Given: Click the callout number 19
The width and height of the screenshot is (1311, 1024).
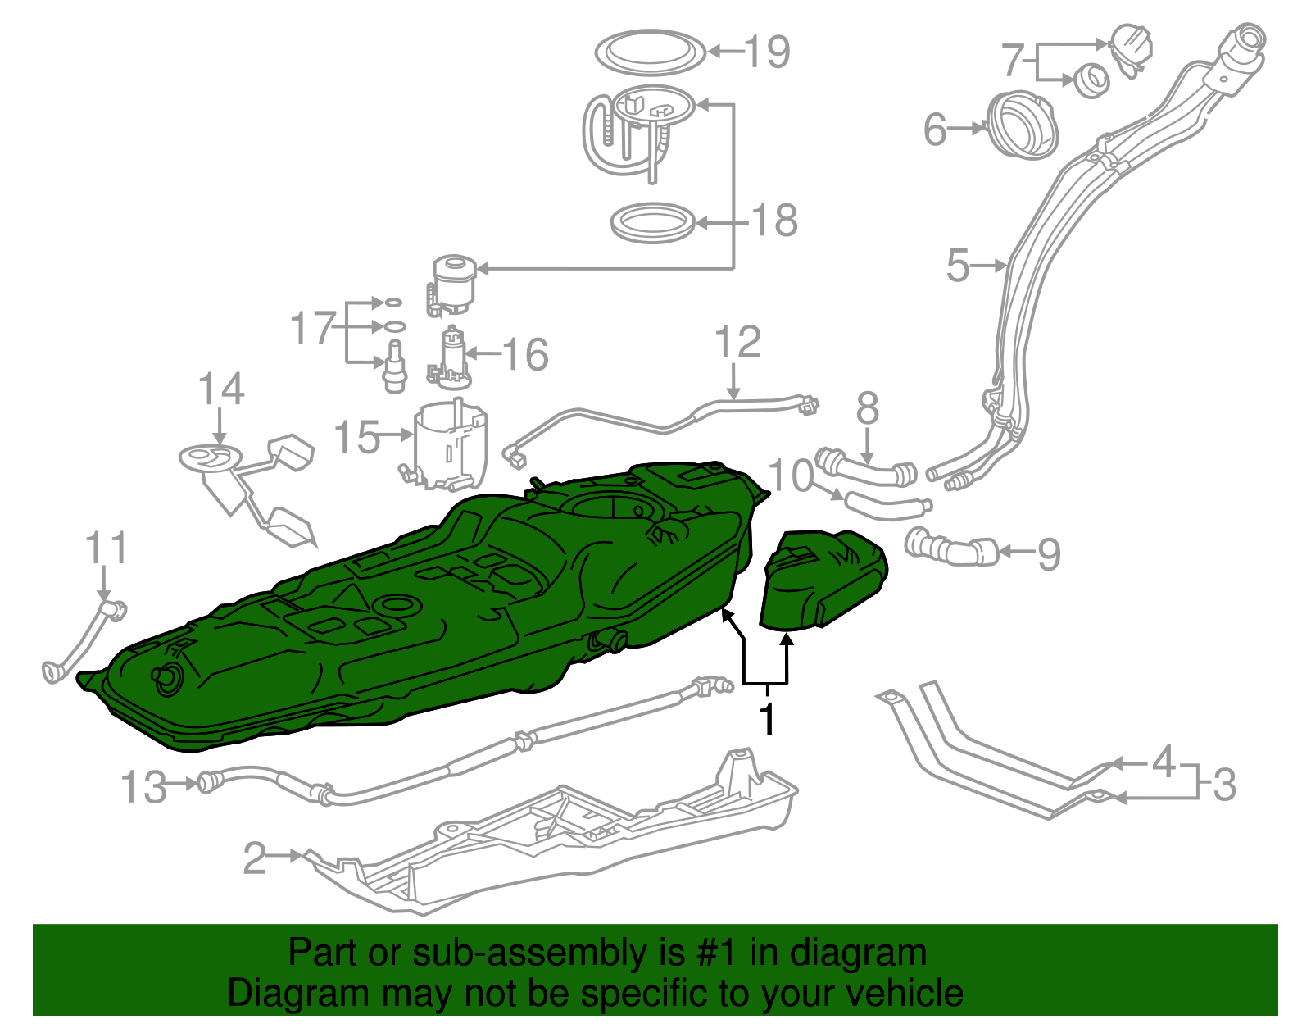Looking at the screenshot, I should coord(768,52).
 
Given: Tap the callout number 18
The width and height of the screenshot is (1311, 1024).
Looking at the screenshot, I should coord(774,221).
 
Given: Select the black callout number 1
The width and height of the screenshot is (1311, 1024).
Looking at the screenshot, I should coord(767,719).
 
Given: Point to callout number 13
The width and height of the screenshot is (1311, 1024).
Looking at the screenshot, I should coord(143,787).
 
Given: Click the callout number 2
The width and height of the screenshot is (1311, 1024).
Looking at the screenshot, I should coord(255,858).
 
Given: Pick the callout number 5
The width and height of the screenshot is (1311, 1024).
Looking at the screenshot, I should coord(957,266).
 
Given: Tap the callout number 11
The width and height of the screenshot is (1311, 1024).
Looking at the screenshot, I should coord(107,548).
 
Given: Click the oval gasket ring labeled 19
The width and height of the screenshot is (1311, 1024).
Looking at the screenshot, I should coord(650,52).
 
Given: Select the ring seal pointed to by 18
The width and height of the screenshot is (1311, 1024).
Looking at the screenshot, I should coord(653,223).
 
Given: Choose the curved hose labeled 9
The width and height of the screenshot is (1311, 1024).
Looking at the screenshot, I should coord(950,548).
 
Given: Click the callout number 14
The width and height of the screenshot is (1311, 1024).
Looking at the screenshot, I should coord(221,389).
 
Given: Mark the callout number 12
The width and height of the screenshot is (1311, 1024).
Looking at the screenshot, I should coord(737,343).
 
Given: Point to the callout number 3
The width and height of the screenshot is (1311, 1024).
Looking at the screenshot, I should coord(1223,785).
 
